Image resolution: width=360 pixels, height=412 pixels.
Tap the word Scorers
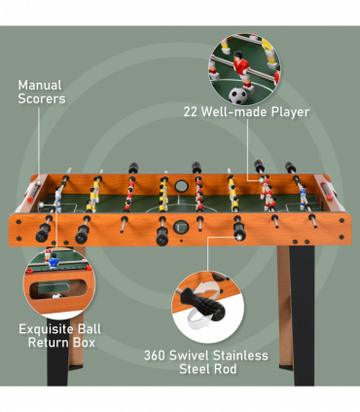coord(42,98)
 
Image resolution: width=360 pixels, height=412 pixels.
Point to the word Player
coord(290,112)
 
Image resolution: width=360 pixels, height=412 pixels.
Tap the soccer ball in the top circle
coord(239,94)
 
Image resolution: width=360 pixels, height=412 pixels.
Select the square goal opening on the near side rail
coord(186,230)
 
